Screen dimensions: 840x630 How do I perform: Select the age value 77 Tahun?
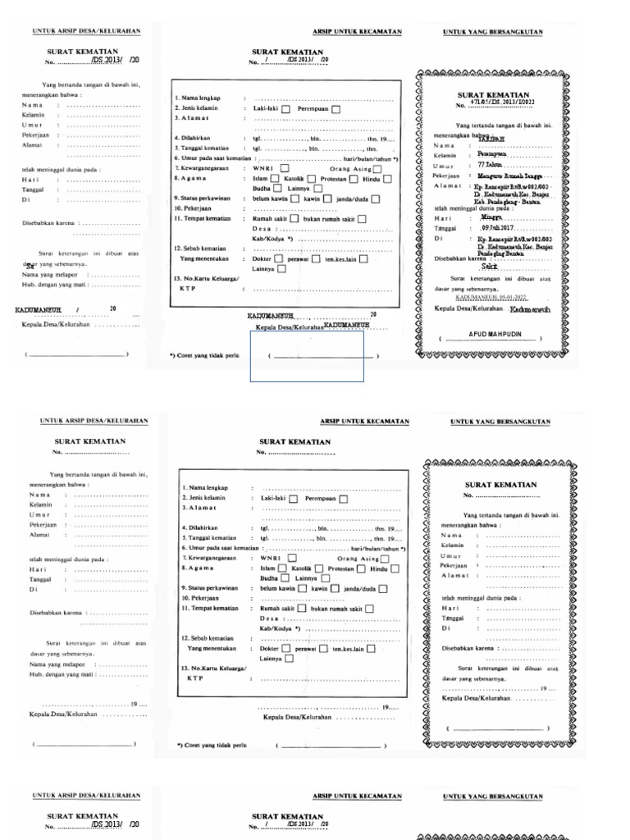pos(491,165)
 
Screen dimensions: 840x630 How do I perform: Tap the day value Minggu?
pos(491,218)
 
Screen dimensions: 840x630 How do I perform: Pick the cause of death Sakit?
pos(490,267)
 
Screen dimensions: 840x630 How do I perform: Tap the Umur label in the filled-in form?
pos(443,165)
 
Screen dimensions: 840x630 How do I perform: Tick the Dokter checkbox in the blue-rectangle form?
pos(279,258)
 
